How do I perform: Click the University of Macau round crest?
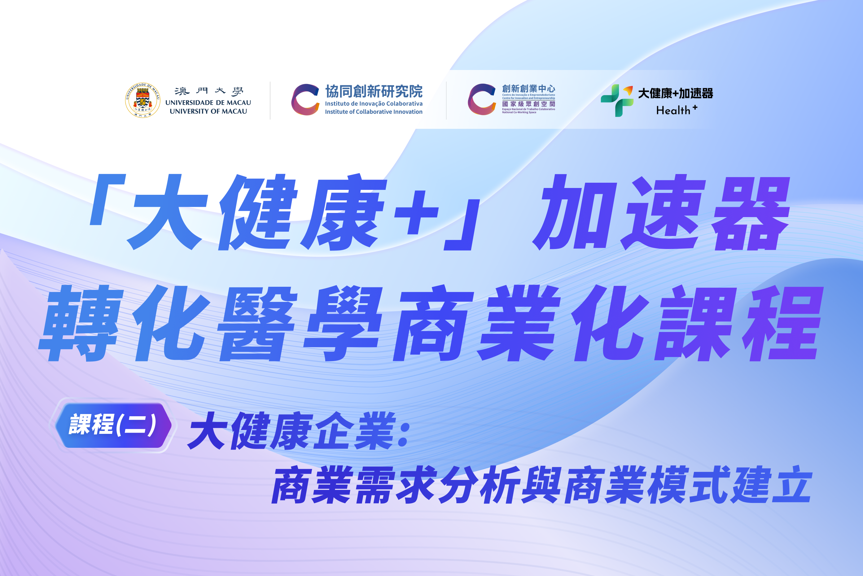tap(142, 100)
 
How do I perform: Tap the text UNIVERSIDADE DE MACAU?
tap(208, 103)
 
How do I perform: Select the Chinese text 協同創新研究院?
tap(374, 91)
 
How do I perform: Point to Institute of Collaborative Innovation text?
tap(374, 112)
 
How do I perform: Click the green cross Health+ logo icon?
tap(617, 100)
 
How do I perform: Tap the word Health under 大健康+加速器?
tap(673, 110)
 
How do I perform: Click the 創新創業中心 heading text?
tap(528, 89)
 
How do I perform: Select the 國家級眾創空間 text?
tap(528, 104)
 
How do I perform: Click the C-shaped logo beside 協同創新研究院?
tap(305, 99)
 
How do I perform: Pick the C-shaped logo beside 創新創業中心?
tap(482, 99)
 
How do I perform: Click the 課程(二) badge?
tap(113, 425)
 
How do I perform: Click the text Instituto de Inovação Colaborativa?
tap(374, 104)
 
